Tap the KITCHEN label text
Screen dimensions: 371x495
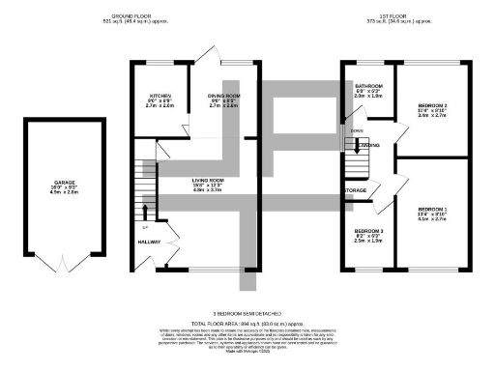[x=160, y=97]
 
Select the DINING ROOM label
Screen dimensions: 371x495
[x=223, y=97]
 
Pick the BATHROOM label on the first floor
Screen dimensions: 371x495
[x=368, y=86]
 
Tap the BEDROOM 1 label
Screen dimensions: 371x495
[x=432, y=209]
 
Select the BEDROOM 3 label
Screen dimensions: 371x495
[x=367, y=231]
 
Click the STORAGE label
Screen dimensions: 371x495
[x=356, y=190]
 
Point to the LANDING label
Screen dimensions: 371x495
[x=368, y=146]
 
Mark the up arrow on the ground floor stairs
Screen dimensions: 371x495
[x=145, y=209]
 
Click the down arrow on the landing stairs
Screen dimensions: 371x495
[x=359, y=146]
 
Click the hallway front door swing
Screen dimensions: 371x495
[x=171, y=255]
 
